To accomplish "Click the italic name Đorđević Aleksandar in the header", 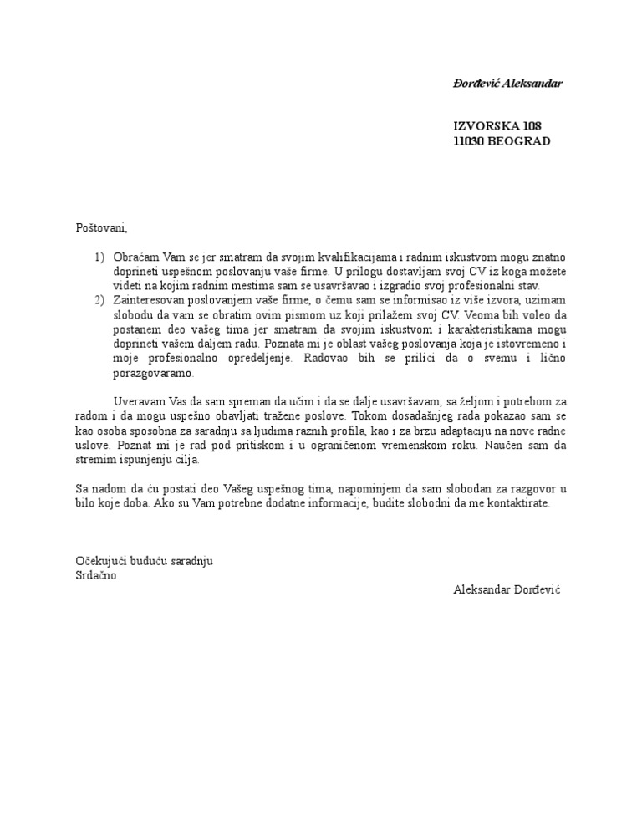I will click(507, 84).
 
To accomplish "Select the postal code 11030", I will click(470, 141).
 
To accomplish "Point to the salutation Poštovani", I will click(102, 227).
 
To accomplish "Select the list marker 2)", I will click(100, 298).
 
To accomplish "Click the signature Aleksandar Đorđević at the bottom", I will click(506, 590).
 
